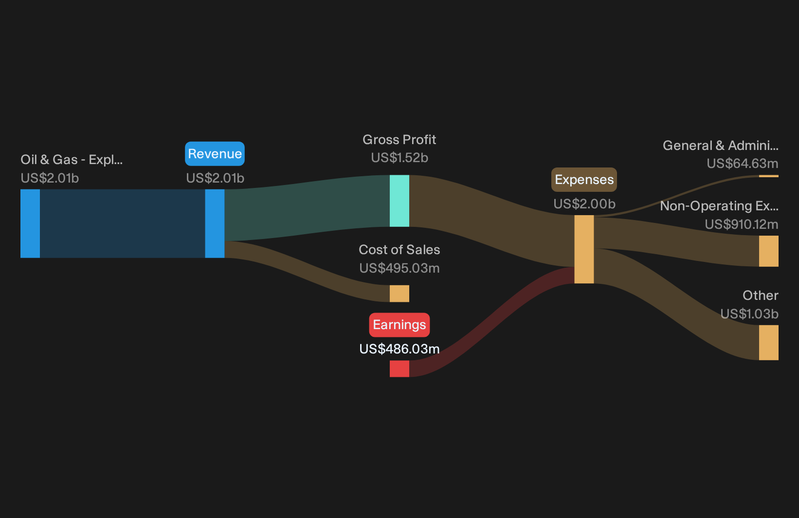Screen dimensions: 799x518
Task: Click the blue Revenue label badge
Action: [x=215, y=154]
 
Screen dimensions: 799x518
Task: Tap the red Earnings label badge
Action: [x=399, y=325]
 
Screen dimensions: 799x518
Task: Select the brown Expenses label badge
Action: [x=584, y=180]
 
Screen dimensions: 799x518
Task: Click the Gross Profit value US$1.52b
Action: [x=399, y=158]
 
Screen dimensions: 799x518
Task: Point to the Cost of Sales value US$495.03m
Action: [x=399, y=268]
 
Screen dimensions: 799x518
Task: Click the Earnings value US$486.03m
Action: [x=399, y=349]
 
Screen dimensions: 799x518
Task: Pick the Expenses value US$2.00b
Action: [x=584, y=204]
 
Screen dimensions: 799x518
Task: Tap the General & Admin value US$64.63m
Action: [x=742, y=164]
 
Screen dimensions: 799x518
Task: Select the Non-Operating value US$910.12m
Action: [x=741, y=224]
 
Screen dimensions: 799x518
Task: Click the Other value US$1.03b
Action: [x=749, y=314]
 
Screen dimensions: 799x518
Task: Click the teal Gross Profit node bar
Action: [x=399, y=201]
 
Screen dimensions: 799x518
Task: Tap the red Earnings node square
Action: [x=399, y=369]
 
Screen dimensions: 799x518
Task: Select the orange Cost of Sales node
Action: [x=399, y=294]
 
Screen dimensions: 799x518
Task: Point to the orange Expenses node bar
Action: [x=584, y=249]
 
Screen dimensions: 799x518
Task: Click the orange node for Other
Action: [x=769, y=342]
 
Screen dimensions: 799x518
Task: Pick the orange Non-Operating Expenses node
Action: [x=769, y=251]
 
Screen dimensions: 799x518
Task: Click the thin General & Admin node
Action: [x=769, y=176]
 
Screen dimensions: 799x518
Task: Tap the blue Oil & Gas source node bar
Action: [x=30, y=223]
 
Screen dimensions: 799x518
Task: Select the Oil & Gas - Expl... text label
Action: [x=72, y=160]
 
